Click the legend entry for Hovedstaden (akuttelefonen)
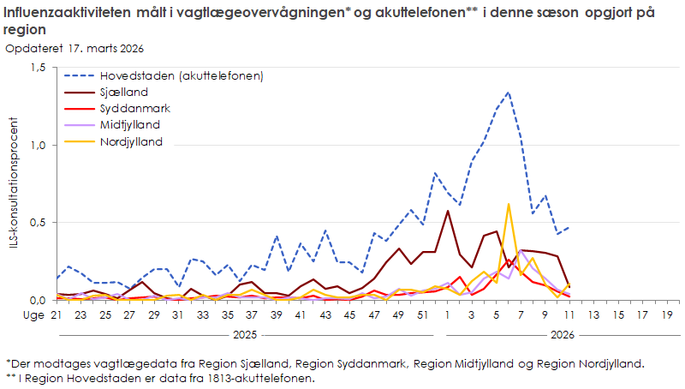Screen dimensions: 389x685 coord(181,75)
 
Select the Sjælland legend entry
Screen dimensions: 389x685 coord(124,92)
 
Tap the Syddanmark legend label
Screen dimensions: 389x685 coord(134,108)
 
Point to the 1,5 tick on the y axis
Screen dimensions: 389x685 coord(38,68)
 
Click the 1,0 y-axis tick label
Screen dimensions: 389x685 coord(38,145)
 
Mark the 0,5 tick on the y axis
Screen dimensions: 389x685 coord(38,222)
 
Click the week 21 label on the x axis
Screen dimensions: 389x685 coord(57,315)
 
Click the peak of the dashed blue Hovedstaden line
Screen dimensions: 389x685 coord(508,93)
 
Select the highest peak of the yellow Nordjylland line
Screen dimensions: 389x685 coord(509,205)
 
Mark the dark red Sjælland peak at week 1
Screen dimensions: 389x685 coord(448,211)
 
